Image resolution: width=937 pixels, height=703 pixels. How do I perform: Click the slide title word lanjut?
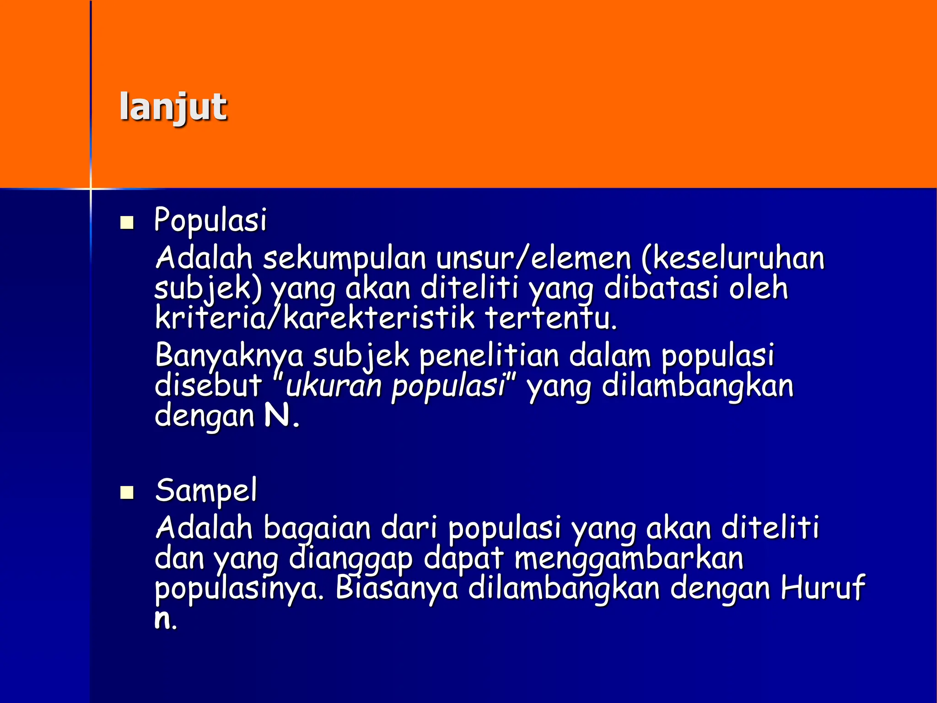pyautogui.click(x=173, y=107)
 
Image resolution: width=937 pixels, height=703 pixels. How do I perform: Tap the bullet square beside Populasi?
pyautogui.click(x=127, y=223)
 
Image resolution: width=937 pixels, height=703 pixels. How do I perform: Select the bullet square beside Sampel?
pyautogui.click(x=127, y=493)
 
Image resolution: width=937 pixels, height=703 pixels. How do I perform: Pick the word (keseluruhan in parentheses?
pyautogui.click(x=732, y=258)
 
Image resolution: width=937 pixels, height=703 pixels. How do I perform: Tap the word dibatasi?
pyautogui.click(x=662, y=288)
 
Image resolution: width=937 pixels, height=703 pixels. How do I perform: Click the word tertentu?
pyautogui.click(x=551, y=318)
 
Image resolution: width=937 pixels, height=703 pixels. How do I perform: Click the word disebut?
pyautogui.click(x=208, y=385)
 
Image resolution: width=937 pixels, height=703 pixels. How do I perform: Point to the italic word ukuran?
pyautogui.click(x=334, y=386)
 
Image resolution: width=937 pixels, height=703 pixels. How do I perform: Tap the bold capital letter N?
pyautogui.click(x=277, y=416)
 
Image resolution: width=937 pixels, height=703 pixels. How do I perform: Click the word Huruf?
pyautogui.click(x=822, y=588)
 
